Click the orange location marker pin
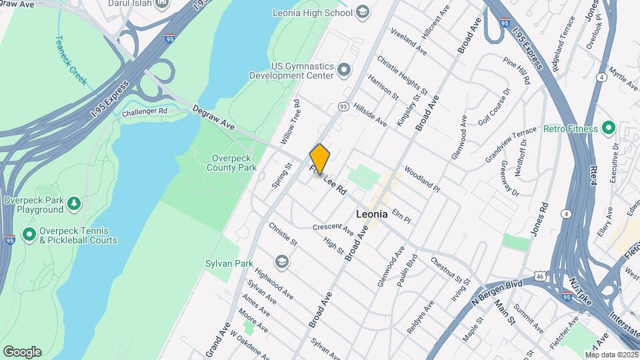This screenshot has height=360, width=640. coord(320,159)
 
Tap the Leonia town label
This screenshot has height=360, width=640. coord(371,215)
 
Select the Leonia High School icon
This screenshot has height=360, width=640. coord(362,12)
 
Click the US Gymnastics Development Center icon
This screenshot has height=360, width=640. coord(344,69)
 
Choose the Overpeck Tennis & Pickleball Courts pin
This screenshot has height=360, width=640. coord(29,234)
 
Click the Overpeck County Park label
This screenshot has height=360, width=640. coord(234,163)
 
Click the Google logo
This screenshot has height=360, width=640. coord(22,352)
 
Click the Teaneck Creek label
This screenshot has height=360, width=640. coord(71,60)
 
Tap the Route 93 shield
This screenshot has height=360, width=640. coord(343,107)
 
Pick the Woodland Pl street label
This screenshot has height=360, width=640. coord(421,179)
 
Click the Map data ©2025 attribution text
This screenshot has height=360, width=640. coord(612,355)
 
